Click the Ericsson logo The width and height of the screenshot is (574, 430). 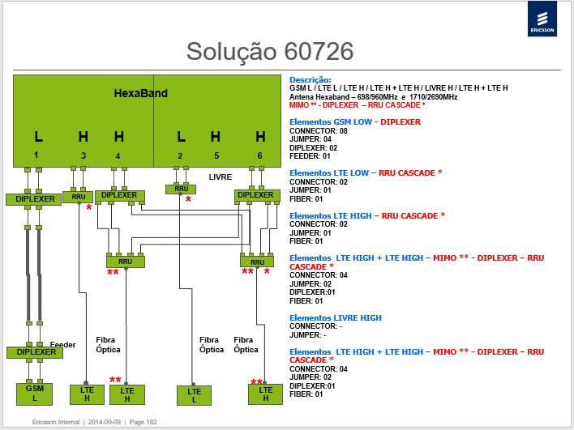pos(542,19)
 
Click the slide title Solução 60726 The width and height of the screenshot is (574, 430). pos(270,51)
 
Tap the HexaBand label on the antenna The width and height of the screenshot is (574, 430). pos(140,93)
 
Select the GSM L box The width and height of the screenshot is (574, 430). pos(34,394)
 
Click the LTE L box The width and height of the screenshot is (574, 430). pos(194,395)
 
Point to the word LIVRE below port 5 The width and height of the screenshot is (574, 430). pos(221,177)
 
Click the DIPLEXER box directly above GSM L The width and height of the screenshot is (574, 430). pos(35,352)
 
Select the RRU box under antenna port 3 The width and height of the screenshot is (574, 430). pos(78,197)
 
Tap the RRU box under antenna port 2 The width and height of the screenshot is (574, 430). pos(181,189)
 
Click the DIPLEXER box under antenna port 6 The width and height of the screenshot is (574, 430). pos(257,196)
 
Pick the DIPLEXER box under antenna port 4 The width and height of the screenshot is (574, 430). pos(120,196)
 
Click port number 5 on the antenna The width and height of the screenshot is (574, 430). pos(216,155)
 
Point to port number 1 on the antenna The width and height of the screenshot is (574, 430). pos(36,155)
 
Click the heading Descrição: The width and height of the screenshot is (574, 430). pos(310,79)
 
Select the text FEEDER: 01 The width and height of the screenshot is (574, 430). pos(310,156)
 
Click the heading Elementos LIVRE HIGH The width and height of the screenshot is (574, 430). pos(336,317)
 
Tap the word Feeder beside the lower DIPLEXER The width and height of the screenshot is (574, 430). pos(62,344)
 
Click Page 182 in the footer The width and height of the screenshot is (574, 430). pos(143,422)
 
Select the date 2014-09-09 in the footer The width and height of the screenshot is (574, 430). pos(105,422)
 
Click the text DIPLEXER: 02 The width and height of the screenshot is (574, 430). pos(314,148)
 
